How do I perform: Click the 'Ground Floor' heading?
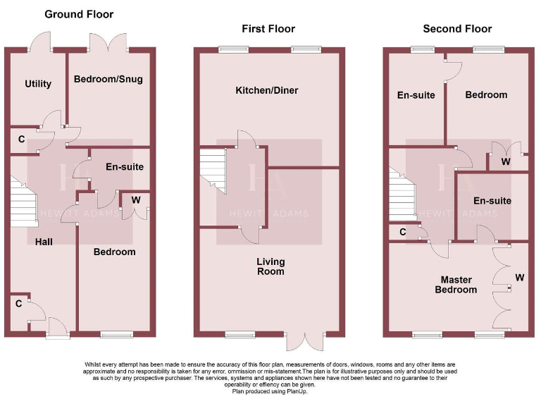tap(79, 14)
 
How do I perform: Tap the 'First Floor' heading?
tap(268, 29)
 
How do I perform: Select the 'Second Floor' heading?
tap(457, 29)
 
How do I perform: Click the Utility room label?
tap(38, 84)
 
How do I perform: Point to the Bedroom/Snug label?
tap(108, 79)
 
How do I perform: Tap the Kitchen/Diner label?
tap(267, 90)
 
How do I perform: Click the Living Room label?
tap(270, 266)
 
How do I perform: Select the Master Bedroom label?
tap(456, 285)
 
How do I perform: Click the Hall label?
tap(44, 242)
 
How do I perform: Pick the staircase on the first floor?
tap(213, 171)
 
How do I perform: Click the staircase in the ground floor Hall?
tap(23, 201)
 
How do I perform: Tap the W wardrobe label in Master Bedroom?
tap(519, 277)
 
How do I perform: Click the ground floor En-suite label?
tap(125, 167)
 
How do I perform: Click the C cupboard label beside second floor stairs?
tap(403, 231)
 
